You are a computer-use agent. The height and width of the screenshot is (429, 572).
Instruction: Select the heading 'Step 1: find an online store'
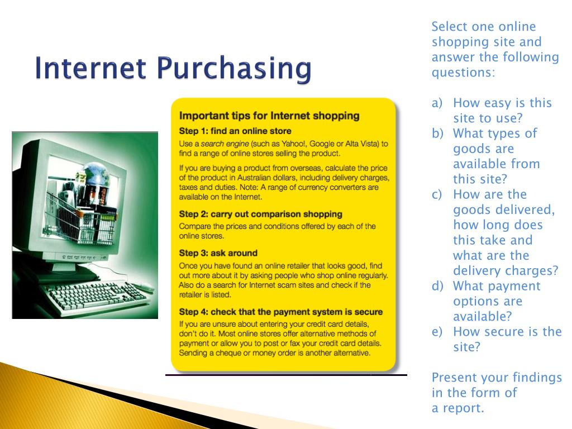tap(235, 131)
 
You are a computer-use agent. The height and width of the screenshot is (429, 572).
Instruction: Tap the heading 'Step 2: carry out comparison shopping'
tap(260, 214)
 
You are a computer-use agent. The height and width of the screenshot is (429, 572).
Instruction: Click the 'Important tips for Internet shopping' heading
tap(269, 116)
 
